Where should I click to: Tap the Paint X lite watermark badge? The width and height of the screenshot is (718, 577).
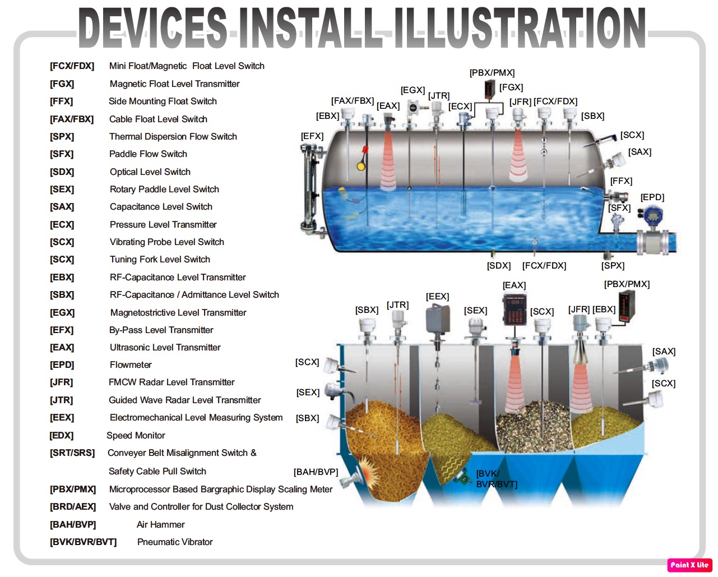(x=689, y=565)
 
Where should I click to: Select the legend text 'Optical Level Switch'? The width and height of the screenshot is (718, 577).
(x=150, y=172)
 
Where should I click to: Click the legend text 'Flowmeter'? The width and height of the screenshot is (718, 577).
(x=131, y=364)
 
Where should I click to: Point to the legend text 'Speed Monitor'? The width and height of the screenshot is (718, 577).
(x=136, y=435)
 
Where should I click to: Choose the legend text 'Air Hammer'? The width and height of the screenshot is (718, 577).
(x=160, y=524)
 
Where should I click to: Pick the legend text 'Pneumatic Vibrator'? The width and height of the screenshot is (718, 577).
(x=175, y=542)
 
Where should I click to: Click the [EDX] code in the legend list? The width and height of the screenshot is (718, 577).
(x=62, y=435)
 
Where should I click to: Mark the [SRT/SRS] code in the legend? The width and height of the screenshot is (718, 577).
(x=72, y=453)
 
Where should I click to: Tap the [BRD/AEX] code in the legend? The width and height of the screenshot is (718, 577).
(x=73, y=506)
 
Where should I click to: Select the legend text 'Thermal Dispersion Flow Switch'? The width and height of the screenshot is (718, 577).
(x=173, y=136)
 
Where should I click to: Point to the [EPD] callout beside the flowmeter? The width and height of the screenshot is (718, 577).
(x=652, y=197)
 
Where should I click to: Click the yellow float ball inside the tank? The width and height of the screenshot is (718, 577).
(x=362, y=166)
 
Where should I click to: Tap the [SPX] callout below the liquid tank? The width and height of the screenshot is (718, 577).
(x=613, y=266)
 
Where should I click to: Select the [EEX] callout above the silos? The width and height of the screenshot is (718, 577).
(x=437, y=296)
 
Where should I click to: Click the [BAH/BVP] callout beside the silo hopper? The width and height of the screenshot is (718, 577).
(x=316, y=472)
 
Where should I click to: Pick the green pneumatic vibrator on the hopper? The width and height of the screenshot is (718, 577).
(x=463, y=478)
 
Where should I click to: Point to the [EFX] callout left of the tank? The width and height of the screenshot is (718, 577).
(x=312, y=136)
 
